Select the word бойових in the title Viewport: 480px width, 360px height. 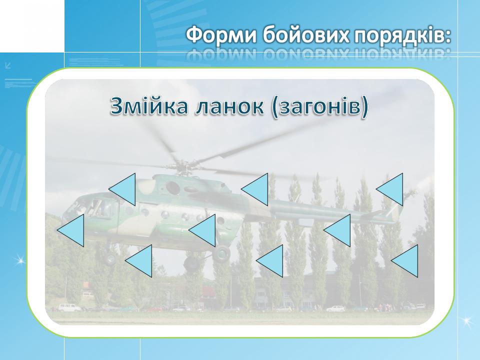point(306,34)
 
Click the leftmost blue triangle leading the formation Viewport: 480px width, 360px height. point(70,230)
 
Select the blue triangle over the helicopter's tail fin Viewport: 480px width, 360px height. point(389,189)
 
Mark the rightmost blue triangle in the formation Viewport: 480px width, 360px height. point(404,261)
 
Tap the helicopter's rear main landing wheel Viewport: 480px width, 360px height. point(221,254)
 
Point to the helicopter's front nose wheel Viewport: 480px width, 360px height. point(110,258)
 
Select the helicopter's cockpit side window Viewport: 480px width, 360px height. point(98,207)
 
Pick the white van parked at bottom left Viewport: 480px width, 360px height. point(69,307)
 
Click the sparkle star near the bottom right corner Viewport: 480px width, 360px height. point(466,321)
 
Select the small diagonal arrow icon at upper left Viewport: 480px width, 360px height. point(8,65)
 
